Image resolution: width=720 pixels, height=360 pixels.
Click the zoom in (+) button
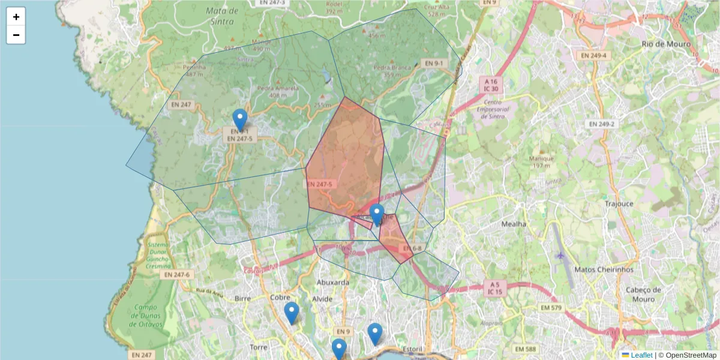pyautogui.click(x=16, y=17)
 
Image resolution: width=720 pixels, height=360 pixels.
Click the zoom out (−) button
pyautogui.click(x=16, y=35)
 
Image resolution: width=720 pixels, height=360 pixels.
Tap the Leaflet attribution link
pyautogui.click(x=641, y=355)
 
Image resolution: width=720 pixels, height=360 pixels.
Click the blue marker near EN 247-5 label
pyautogui.click(x=240, y=119)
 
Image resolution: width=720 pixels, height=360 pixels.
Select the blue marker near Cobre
pyautogui.click(x=292, y=312)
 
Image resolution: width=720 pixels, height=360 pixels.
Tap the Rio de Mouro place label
pyautogui.click(x=666, y=44)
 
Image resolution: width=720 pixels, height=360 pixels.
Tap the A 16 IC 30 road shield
pyautogui.click(x=491, y=85)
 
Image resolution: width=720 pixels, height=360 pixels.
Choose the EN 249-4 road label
pyautogui.click(x=593, y=56)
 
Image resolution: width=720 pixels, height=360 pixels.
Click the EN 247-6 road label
pyautogui.click(x=176, y=274)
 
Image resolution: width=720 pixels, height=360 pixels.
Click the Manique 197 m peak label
pyautogui.click(x=541, y=162)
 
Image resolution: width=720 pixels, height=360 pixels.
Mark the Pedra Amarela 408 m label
pyautogui.click(x=277, y=91)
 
